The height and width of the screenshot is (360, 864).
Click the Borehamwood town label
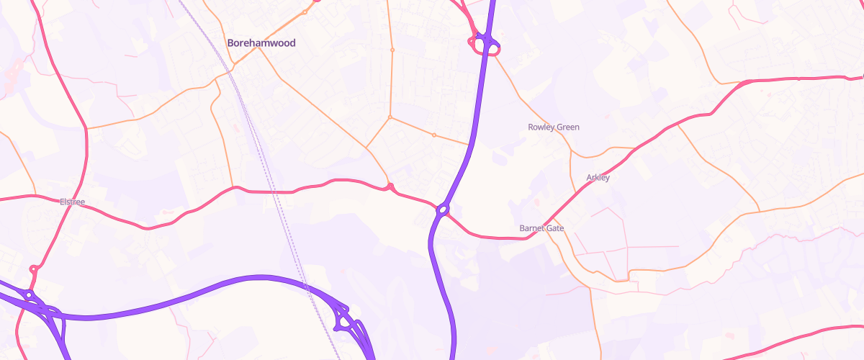click(261, 43)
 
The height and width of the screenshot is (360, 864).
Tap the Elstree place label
click(72, 202)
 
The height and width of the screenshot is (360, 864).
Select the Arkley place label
click(598, 178)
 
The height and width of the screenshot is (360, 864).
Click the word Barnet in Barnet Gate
click(534, 228)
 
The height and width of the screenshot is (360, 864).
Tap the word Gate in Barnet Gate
click(555, 228)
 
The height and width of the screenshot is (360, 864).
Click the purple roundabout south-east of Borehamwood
click(442, 210)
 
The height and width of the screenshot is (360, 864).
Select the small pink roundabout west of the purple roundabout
click(390, 187)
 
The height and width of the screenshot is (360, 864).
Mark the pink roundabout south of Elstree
click(33, 269)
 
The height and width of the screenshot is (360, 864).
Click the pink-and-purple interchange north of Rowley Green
click(485, 44)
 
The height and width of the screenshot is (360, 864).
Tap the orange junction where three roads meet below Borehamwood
click(390, 117)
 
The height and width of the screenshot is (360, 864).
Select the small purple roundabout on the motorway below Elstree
click(29, 294)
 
